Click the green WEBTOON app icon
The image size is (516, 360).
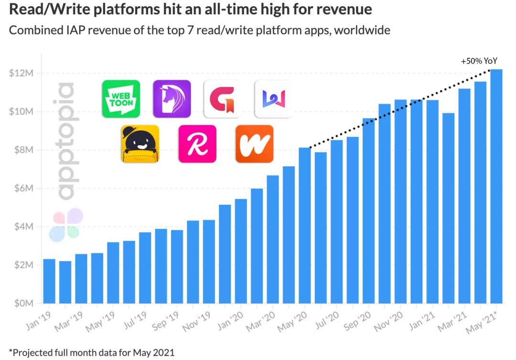click(x=121, y=99)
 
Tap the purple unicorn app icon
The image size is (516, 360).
click(x=172, y=99)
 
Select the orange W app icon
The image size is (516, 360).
click(x=254, y=144)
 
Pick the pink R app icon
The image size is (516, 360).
click(x=197, y=144)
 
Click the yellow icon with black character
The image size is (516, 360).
click(x=140, y=144)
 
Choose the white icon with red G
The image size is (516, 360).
click(x=222, y=99)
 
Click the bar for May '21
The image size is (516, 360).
click(x=496, y=186)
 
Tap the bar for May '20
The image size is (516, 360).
click(x=304, y=225)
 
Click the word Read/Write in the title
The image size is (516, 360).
click(x=46, y=10)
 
